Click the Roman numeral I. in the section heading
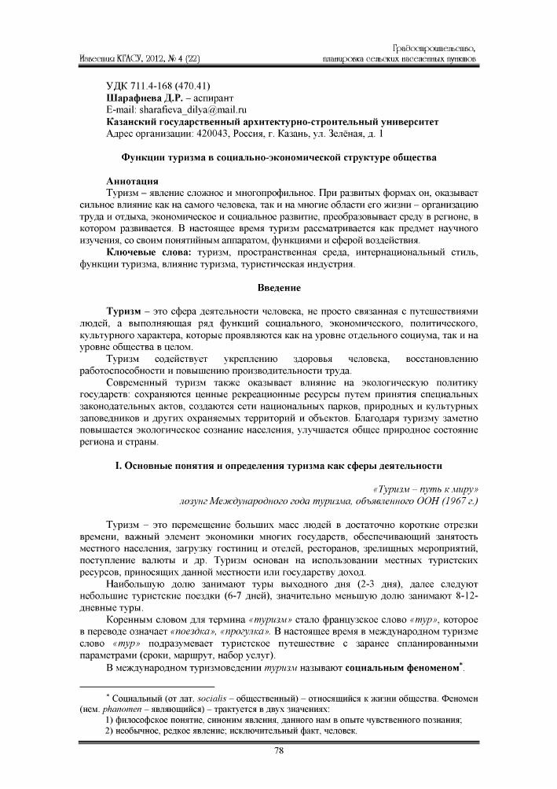tap(118, 467)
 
